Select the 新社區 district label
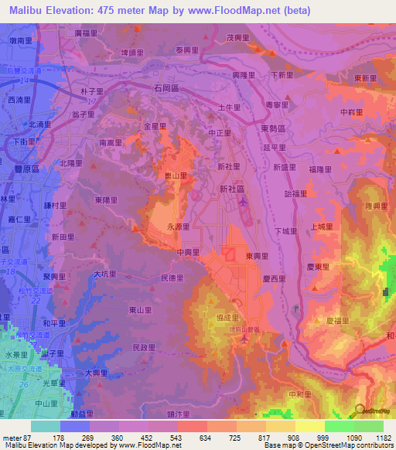[232, 188]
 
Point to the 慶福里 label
[338, 319]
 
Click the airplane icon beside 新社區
[244, 203]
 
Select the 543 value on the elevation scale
[176, 438]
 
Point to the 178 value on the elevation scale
[59, 438]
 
